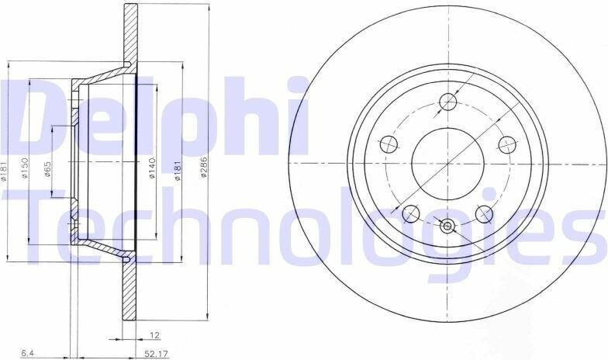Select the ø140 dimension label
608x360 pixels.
152,168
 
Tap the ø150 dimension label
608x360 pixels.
25,168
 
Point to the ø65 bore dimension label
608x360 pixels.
48,169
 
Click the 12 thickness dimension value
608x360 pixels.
154,335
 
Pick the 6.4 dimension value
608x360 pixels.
27,354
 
